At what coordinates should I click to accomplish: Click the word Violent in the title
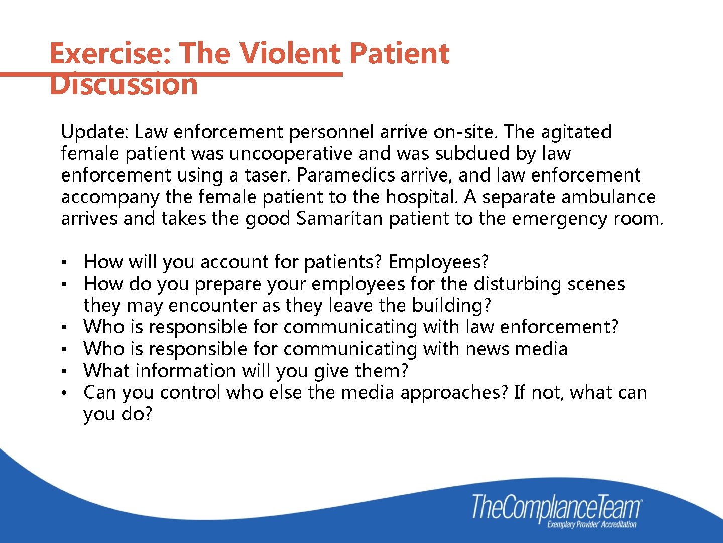click(289, 53)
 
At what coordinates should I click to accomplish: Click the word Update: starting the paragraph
click(95, 132)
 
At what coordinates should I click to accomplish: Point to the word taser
click(268, 175)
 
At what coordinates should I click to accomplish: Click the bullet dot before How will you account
click(64, 263)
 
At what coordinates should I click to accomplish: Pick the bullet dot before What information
click(64, 372)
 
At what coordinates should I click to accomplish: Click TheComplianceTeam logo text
click(556, 507)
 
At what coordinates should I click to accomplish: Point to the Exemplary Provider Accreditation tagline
click(591, 525)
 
